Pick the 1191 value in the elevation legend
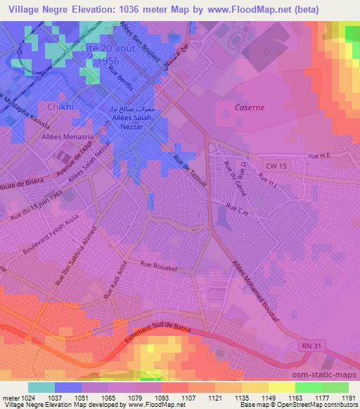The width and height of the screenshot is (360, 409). [347, 398]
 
